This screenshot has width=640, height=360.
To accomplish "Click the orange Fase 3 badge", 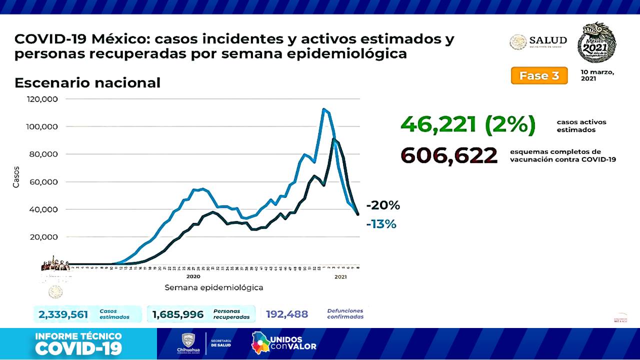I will click(x=539, y=75).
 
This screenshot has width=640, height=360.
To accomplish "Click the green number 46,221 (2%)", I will click(x=468, y=124).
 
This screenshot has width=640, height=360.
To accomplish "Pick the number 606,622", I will click(x=449, y=155).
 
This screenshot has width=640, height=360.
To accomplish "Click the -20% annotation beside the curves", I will click(x=383, y=205).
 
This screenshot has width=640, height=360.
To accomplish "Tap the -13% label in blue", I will click(x=381, y=224).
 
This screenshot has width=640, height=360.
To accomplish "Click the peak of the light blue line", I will click(x=324, y=109).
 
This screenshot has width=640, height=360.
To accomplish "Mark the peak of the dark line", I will click(x=333, y=139).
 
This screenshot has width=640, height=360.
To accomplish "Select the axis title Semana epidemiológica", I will click(x=214, y=287).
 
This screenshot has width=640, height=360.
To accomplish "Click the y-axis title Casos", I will click(x=16, y=177).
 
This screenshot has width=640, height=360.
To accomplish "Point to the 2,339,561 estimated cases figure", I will click(x=63, y=314).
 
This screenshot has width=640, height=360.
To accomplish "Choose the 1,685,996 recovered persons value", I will click(x=178, y=314).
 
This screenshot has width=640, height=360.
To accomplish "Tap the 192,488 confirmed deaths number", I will click(x=287, y=314).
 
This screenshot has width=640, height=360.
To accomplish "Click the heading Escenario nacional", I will click(x=87, y=82).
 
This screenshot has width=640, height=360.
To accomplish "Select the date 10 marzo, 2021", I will click(x=597, y=75).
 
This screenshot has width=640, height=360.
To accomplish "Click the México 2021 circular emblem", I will click(x=597, y=42).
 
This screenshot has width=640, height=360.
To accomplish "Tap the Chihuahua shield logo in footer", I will click(x=188, y=340).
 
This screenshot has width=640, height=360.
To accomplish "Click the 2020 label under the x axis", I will click(x=193, y=276).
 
